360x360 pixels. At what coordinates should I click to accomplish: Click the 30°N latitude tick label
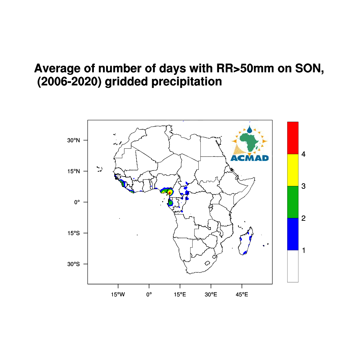(x=73, y=140)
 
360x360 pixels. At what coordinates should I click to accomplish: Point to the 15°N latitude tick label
(x=73, y=171)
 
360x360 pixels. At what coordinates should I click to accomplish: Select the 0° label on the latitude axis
(x=77, y=202)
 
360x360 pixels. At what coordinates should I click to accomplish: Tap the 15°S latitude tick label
(x=73, y=233)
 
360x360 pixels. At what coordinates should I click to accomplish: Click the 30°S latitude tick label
(x=73, y=264)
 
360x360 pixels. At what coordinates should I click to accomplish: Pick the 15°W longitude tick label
(x=118, y=295)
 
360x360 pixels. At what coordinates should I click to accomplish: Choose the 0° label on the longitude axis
(x=149, y=295)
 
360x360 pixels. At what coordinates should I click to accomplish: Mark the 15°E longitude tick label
(x=180, y=295)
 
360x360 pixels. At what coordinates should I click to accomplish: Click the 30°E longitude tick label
(x=211, y=295)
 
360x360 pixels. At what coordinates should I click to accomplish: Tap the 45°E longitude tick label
(x=242, y=295)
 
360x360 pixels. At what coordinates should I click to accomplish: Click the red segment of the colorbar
(x=293, y=138)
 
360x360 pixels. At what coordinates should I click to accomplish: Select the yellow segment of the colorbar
(x=293, y=170)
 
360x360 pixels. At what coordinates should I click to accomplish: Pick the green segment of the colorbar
(x=293, y=202)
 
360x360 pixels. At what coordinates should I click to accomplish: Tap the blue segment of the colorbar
(x=293, y=234)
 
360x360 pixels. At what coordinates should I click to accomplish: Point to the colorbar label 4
(x=303, y=154)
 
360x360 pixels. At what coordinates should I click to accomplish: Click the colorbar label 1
(x=303, y=250)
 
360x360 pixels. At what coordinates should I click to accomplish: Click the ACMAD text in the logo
(x=250, y=158)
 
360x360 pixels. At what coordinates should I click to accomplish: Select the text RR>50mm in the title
(x=245, y=69)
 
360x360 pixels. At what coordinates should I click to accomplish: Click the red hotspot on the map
(x=169, y=193)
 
